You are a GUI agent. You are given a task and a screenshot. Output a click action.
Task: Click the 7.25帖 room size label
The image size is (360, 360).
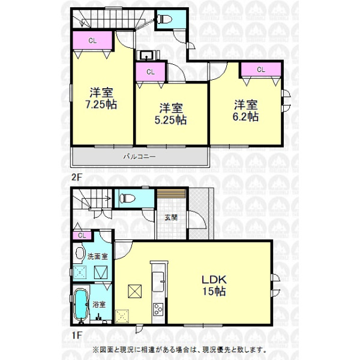[x=101, y=104]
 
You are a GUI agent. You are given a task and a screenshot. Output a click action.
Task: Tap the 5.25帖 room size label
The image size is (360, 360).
[x=170, y=120]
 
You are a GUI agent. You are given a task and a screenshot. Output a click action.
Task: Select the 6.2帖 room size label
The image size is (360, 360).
[x=245, y=116]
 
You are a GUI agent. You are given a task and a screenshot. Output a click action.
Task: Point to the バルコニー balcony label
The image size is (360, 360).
[x=140, y=157]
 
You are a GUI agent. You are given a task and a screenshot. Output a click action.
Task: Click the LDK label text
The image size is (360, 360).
[x=214, y=280]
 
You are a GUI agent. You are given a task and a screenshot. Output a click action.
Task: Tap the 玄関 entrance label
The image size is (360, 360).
[x=171, y=217]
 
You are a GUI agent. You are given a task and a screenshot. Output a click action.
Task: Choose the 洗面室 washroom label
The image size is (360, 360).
[x=98, y=256]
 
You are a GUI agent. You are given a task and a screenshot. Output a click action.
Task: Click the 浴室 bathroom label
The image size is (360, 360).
[x=99, y=305]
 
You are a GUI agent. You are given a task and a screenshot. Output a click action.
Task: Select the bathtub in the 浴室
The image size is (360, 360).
[x=81, y=304]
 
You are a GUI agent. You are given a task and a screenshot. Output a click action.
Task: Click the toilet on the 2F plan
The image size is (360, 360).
[x=164, y=19]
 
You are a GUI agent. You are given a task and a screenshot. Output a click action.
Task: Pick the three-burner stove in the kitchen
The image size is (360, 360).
[x=158, y=309]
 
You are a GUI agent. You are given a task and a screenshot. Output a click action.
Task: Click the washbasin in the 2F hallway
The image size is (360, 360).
[x=146, y=55]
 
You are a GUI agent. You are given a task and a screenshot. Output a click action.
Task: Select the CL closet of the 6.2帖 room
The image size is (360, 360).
[x=261, y=70]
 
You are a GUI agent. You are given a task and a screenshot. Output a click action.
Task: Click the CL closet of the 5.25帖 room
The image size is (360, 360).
[x=151, y=72]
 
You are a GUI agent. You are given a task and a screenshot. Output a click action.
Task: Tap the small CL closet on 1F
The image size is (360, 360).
[x=82, y=235]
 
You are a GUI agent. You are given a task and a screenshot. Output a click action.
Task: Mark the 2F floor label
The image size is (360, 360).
[x=76, y=178]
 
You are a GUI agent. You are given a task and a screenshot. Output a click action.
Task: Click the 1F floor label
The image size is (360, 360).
[x=76, y=335]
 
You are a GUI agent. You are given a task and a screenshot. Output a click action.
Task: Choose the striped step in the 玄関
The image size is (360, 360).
[x=171, y=193]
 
